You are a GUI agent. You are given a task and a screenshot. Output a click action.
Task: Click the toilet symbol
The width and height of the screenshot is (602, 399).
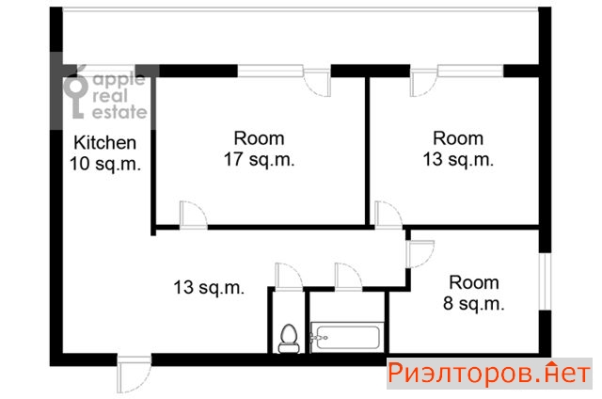(289, 339)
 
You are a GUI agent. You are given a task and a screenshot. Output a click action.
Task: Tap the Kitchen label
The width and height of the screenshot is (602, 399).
(104, 143)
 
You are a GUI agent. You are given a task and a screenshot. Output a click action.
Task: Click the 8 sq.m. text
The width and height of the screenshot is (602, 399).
(473, 303)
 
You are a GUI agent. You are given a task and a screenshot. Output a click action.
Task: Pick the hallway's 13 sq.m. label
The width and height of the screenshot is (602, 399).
(209, 287)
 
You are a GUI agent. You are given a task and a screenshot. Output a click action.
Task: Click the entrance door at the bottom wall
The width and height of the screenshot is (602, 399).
(135, 375)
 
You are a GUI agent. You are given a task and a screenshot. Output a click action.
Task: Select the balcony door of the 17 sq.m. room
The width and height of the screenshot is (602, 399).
(317, 82)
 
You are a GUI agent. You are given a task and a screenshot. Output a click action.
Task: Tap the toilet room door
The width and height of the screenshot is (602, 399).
(290, 277)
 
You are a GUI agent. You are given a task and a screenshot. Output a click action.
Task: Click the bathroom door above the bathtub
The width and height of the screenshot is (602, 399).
(348, 277)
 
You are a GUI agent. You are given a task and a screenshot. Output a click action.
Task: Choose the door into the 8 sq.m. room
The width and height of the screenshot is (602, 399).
(420, 254)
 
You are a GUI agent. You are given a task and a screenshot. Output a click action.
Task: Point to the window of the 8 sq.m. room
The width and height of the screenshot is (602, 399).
(545, 281)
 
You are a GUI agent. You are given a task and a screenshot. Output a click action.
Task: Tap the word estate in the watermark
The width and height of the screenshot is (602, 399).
(119, 112)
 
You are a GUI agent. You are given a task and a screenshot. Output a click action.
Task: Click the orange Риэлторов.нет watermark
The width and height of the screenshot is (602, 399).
(489, 373)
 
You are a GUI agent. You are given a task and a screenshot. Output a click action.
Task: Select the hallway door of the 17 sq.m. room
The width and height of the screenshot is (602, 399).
(194, 215)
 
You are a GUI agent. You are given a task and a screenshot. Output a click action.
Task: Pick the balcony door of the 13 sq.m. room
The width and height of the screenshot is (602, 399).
(424, 82)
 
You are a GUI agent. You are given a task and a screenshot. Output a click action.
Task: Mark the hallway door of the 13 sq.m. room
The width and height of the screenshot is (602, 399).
(388, 215)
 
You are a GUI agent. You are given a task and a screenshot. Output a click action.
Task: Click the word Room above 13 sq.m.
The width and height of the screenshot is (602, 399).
(458, 138)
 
